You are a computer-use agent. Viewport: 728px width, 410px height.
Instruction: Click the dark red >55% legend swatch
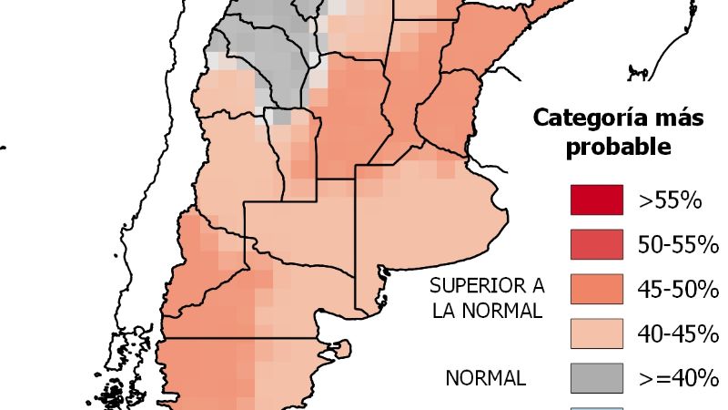[596, 200]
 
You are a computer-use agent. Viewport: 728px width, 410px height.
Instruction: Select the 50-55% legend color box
[596, 244]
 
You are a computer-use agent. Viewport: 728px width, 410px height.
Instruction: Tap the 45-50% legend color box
[596, 288]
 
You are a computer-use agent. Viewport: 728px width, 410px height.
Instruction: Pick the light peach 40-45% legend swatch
[596, 333]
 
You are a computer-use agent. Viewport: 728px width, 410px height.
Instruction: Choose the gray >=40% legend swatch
[596, 376]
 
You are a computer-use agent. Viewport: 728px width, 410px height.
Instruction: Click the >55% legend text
[670, 200]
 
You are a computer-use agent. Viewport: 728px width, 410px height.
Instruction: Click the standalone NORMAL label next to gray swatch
[485, 377]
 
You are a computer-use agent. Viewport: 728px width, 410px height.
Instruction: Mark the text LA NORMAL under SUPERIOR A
[487, 311]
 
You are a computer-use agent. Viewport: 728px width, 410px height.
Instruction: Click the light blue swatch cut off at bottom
[596, 407]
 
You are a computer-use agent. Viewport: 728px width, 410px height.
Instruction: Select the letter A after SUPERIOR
[535, 285]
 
